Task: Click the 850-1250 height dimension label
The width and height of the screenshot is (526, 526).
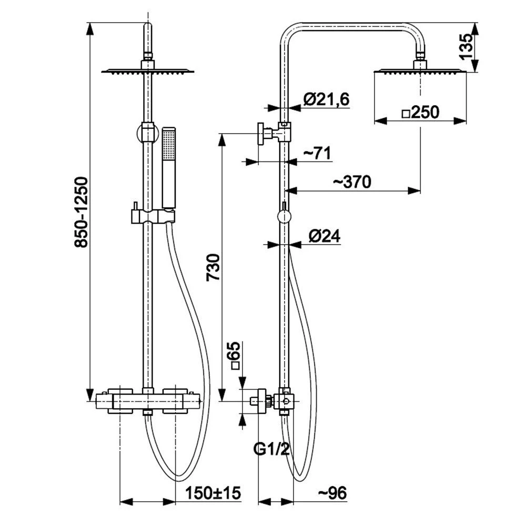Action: point(81,213)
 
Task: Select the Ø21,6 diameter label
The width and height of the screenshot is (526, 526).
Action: point(327,99)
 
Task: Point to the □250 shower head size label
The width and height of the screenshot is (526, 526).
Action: point(420,113)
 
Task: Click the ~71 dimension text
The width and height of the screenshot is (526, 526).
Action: point(317,153)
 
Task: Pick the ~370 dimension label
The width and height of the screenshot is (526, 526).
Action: point(352,182)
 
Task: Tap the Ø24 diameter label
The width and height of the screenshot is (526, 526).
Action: point(325,236)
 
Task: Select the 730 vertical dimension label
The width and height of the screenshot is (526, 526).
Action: point(214,267)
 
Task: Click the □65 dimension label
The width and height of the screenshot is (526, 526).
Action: point(235,356)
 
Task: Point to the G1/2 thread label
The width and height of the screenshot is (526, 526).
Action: point(271,449)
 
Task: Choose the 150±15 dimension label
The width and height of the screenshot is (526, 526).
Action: point(213,493)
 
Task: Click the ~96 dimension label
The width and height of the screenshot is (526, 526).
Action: point(332,493)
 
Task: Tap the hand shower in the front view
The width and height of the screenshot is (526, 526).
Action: point(169,168)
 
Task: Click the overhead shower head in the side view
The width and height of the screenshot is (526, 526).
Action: point(420,67)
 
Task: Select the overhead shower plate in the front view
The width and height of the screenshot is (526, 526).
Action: point(148,70)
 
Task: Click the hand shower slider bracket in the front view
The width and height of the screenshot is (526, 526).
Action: point(153,216)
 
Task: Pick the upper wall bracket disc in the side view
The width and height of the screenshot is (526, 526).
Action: point(261,134)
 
